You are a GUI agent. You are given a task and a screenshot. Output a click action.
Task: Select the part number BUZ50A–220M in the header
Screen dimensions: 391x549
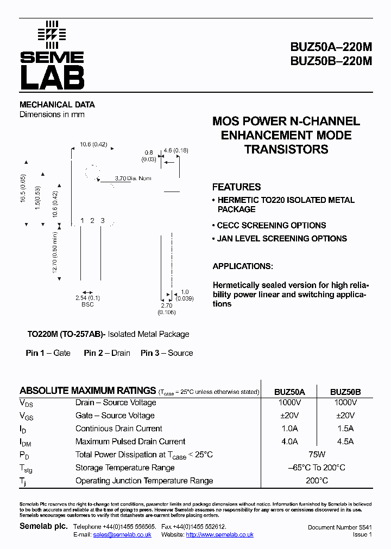pos(331,47)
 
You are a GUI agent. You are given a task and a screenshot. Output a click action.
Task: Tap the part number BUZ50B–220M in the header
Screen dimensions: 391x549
pos(331,61)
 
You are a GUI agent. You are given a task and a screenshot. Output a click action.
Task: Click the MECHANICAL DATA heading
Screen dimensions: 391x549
pos(57,105)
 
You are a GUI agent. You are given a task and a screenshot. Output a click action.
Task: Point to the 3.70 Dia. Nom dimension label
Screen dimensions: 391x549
pos(134,178)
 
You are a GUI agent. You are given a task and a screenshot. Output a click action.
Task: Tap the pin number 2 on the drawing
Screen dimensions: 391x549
pos(92,220)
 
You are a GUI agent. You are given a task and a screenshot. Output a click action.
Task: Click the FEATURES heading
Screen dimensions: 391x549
pos(236,187)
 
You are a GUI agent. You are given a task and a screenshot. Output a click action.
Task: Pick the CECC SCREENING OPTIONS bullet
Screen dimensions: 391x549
pos(271,225)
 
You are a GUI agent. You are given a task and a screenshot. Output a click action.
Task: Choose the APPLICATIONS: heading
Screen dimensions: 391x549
pos(243,266)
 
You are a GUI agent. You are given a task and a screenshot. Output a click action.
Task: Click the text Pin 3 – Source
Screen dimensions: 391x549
pos(167,353)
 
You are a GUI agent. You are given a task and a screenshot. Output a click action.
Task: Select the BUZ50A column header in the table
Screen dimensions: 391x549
pos(289,392)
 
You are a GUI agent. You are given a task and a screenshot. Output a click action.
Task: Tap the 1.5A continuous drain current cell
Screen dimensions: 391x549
pos(345,429)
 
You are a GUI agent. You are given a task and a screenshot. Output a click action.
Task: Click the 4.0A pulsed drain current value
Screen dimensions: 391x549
pos(289,442)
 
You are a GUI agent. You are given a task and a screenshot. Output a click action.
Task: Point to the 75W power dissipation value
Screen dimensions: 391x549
pos(317,455)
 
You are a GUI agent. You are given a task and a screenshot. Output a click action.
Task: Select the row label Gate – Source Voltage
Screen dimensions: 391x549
pos(115,416)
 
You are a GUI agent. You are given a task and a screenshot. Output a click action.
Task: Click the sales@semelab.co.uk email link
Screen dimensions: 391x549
pos(122,535)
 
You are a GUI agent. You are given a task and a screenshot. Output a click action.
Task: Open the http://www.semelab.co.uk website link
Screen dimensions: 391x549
pos(219,535)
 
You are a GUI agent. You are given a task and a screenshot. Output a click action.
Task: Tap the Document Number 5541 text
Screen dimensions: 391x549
pos(339,527)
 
